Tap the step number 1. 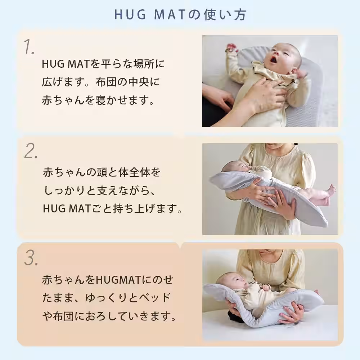29,47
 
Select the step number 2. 31,152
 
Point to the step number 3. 31,258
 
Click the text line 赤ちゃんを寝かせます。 98,100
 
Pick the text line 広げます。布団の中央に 100,82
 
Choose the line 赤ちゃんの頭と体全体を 101,172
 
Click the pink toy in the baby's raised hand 231,48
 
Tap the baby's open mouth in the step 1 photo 274,59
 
